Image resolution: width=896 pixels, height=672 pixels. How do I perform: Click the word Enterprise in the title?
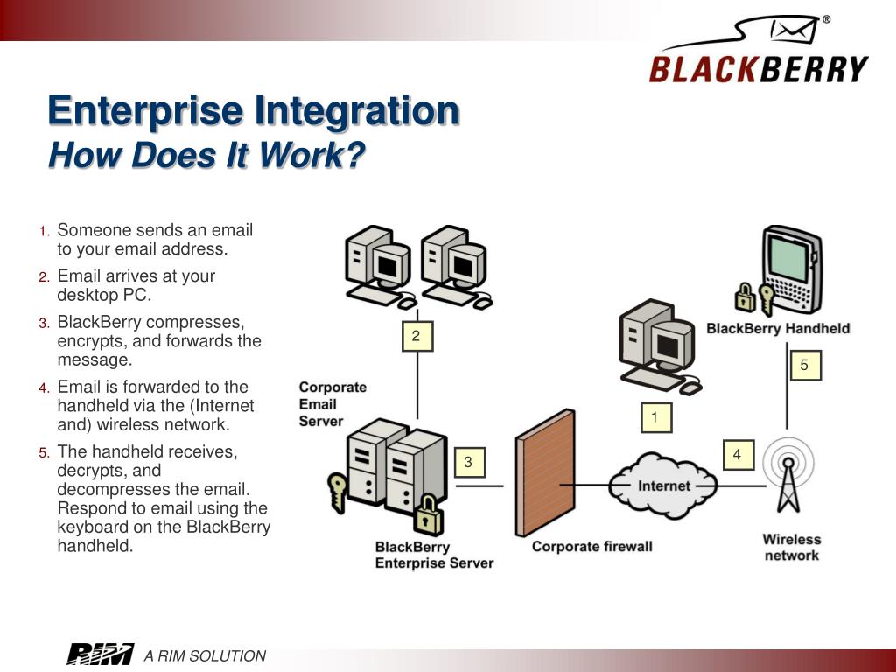pyautogui.click(x=144, y=111)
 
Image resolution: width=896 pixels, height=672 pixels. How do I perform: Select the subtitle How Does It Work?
pyautogui.click(x=206, y=156)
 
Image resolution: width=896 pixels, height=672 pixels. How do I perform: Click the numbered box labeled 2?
pyautogui.click(x=416, y=336)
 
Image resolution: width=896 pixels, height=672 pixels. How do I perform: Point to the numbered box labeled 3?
pyautogui.click(x=468, y=462)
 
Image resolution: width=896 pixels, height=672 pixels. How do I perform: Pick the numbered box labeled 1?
pyautogui.click(x=654, y=418)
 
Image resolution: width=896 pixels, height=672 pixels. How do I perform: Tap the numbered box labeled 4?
pyautogui.click(x=737, y=455)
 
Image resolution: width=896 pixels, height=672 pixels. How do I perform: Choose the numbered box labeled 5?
pyautogui.click(x=804, y=366)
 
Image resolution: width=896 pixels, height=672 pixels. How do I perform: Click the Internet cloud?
pyautogui.click(x=663, y=486)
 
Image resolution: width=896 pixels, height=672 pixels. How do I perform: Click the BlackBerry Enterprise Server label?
pyautogui.click(x=434, y=556)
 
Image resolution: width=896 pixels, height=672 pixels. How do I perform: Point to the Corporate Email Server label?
pyautogui.click(x=332, y=404)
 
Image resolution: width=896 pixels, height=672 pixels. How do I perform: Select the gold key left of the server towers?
pyautogui.click(x=336, y=490)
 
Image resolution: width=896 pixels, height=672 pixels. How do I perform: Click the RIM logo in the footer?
pyautogui.click(x=100, y=654)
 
